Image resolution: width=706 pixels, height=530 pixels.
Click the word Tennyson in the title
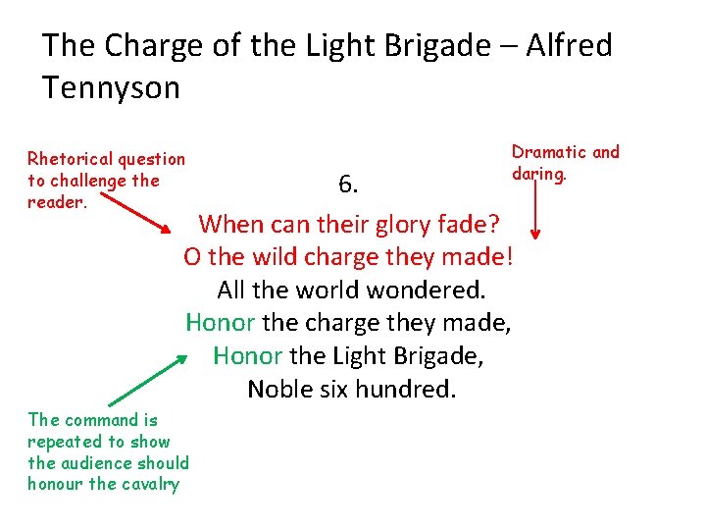pyautogui.click(x=111, y=88)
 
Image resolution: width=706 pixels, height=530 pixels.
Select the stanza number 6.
pyautogui.click(x=348, y=184)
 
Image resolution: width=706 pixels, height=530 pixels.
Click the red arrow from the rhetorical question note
pyautogui.click(x=137, y=214)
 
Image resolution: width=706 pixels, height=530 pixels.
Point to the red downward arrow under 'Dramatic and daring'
pyautogui.click(x=535, y=211)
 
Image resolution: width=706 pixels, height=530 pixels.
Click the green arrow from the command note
pyautogui.click(x=147, y=379)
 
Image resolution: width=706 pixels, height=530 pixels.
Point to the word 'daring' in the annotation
pyautogui.click(x=538, y=174)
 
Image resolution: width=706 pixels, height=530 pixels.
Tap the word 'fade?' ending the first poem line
pyautogui.click(x=471, y=224)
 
